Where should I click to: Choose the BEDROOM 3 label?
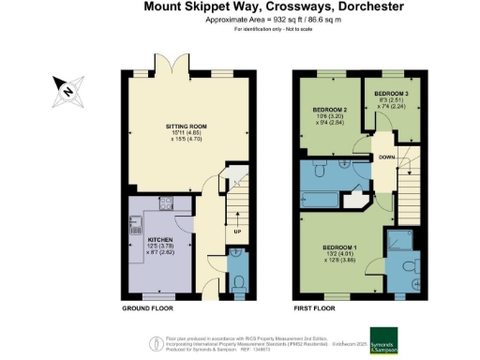(392, 94)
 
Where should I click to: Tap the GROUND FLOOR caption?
(147, 307)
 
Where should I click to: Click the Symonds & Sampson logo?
(390, 338)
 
